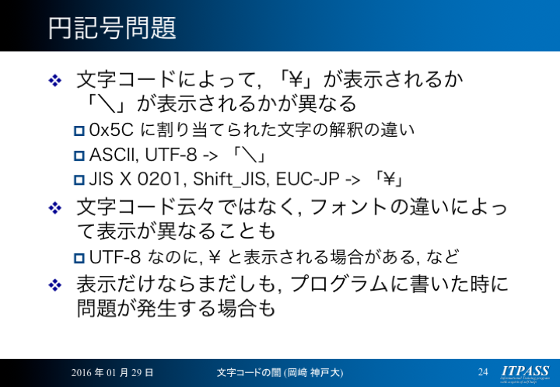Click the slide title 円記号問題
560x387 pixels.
pos(112,28)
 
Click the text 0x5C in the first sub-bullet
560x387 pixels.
pos(111,130)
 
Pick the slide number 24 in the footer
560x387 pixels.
pos(483,372)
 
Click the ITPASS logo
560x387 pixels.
pos(525,373)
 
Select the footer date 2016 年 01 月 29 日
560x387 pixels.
pos(112,373)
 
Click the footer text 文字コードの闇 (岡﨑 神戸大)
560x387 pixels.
pos(280,373)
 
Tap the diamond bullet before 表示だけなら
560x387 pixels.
pos(55,285)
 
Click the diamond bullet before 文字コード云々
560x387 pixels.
pos(55,207)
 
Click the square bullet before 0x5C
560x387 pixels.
pos(79,131)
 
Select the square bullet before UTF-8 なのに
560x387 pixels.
pos(79,258)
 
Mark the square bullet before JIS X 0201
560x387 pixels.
pos(79,180)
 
